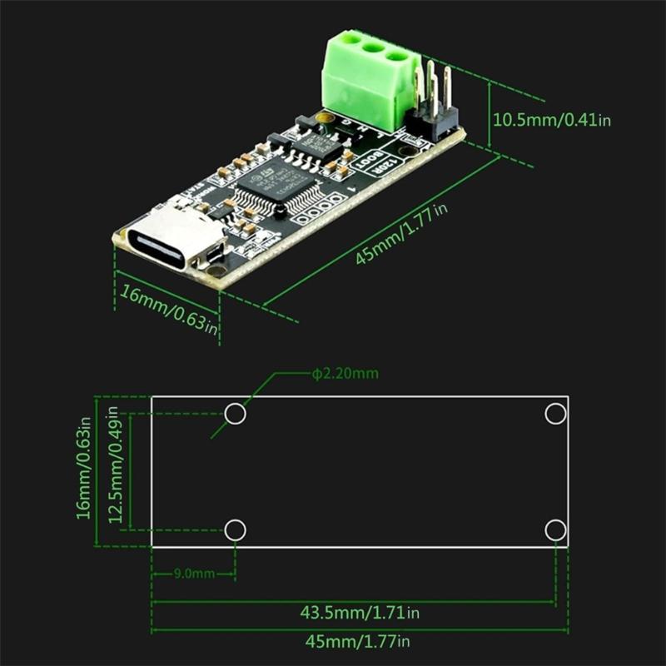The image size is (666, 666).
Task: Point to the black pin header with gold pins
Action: [433, 112]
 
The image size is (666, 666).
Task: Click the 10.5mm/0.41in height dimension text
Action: [552, 119]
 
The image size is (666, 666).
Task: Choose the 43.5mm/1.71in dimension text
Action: [359, 614]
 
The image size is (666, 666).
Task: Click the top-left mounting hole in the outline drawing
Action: [236, 414]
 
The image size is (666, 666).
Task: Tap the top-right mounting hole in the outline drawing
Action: [555, 414]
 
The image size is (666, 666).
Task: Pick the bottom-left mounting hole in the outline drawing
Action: [236, 529]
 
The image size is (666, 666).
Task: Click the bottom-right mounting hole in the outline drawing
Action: [555, 529]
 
